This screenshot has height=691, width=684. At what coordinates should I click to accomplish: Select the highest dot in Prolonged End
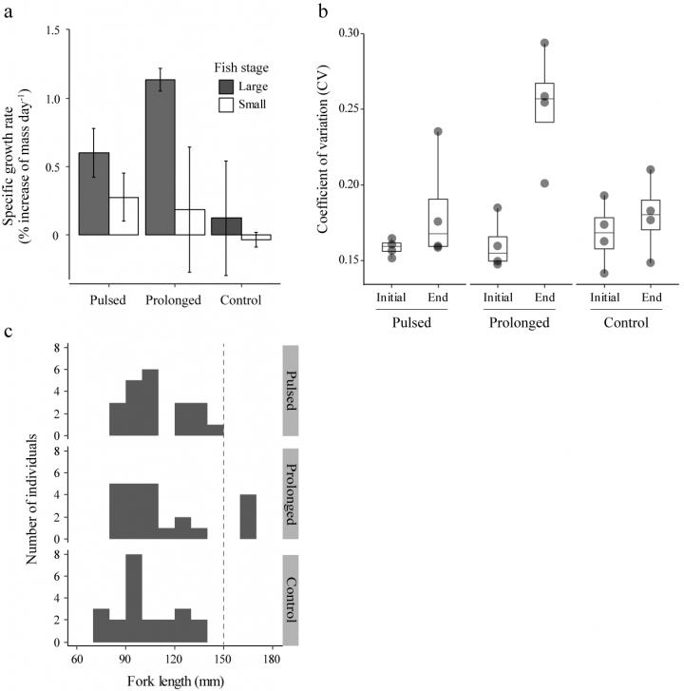pyautogui.click(x=544, y=43)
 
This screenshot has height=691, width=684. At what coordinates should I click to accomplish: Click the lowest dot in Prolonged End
pyautogui.click(x=544, y=183)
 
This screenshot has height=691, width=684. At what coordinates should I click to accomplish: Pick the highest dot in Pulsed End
pyautogui.click(x=438, y=132)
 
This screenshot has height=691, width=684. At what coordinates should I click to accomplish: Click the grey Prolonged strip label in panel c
pyautogui.click(x=291, y=493)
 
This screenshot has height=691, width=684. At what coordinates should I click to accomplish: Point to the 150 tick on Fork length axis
pyautogui.click(x=223, y=656)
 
